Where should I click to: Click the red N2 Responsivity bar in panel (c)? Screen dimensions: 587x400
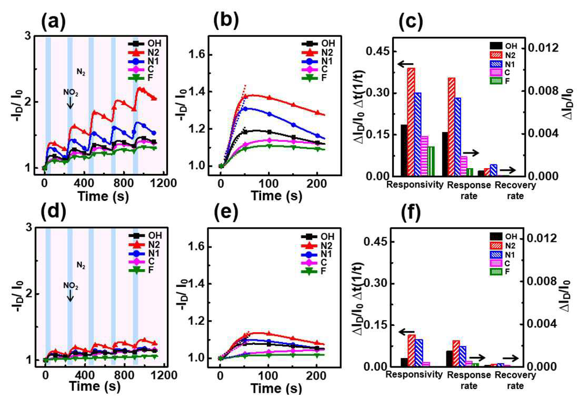pos(411,122)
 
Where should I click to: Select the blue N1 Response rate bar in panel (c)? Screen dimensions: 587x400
pos(457,137)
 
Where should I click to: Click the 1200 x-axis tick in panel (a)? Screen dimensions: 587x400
pos(165,183)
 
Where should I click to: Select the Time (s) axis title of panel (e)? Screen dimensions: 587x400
pos(276,388)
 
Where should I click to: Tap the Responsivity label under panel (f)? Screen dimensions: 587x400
pos(414,374)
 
